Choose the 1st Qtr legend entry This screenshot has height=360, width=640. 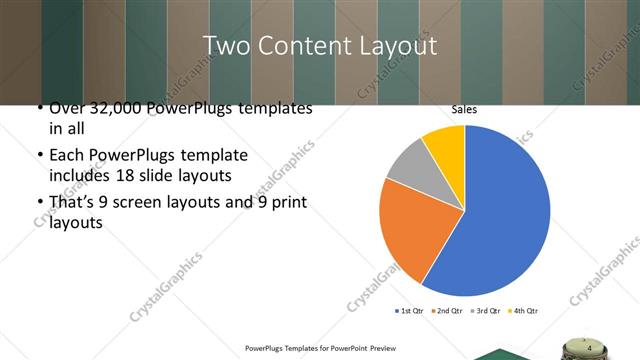coord(410,310)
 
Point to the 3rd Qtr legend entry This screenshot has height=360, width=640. coord(487,310)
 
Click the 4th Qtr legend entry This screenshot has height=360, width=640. coord(525,310)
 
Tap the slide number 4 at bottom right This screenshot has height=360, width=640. coord(589,348)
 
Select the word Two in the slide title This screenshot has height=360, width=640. coord(224,46)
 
